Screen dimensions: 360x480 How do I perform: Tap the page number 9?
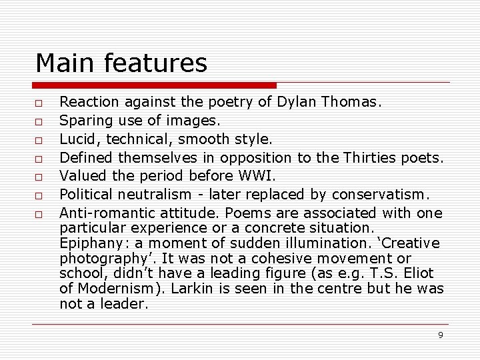pyautogui.click(x=440, y=335)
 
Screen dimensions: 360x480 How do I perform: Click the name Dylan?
pyautogui.click(x=297, y=103)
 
